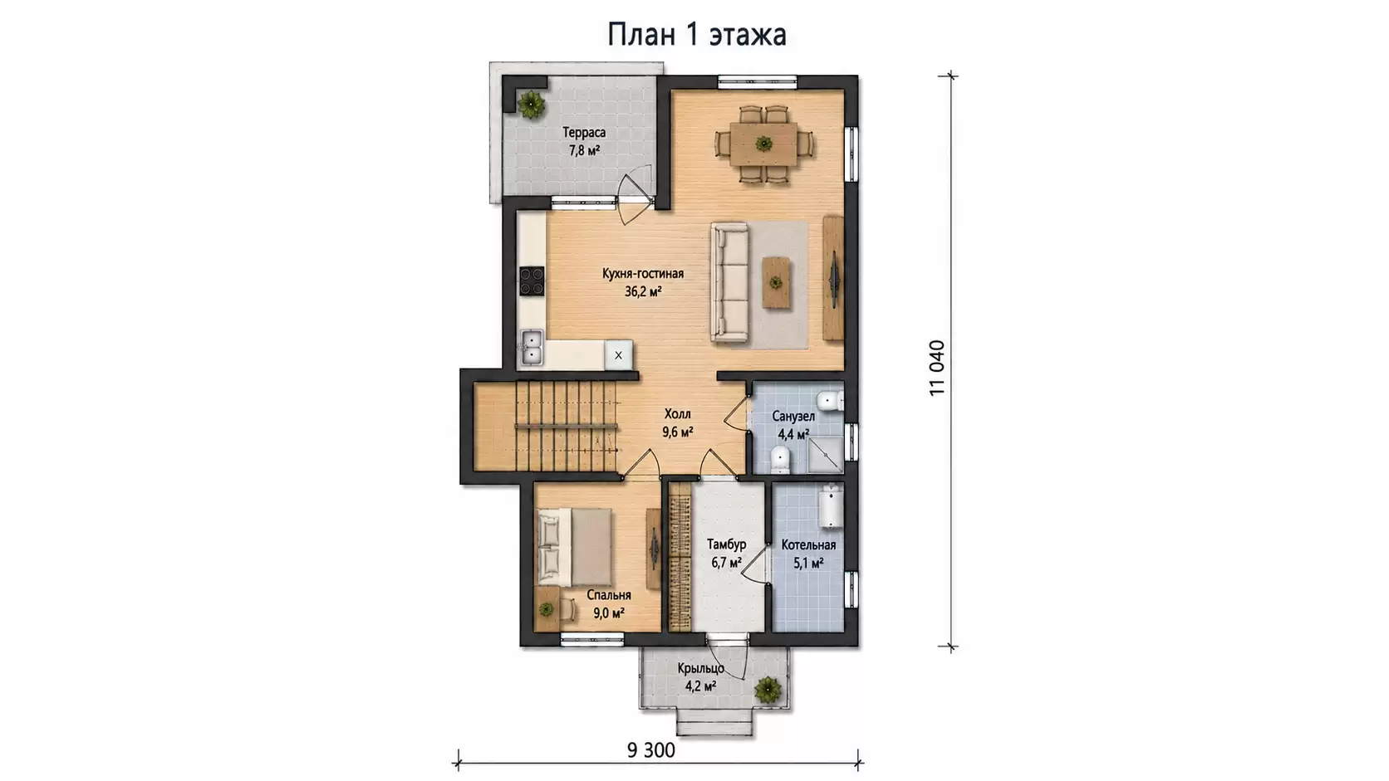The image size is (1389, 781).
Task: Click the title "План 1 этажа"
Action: [696, 35]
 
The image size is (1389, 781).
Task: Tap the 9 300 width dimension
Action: [651, 750]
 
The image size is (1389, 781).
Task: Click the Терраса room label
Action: [584, 132]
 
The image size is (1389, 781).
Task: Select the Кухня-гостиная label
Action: [643, 274]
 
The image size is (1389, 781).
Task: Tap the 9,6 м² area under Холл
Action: [677, 432]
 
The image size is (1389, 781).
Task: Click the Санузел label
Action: [793, 416]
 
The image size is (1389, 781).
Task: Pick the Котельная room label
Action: [808, 545]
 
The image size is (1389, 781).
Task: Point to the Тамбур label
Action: [726, 544]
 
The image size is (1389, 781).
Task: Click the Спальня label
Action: [609, 595]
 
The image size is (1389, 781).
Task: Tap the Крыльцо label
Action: [700, 668]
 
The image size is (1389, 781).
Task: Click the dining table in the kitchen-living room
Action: [763, 144]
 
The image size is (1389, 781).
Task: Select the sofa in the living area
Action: [730, 282]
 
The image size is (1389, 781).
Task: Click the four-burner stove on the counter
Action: [532, 281]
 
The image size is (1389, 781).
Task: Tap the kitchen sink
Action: [532, 348]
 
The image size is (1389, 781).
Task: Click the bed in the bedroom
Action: [574, 547]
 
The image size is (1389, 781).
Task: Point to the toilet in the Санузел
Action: [779, 460]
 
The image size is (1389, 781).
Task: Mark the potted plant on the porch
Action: [768, 690]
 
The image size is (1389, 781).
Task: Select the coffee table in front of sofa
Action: [776, 282]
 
